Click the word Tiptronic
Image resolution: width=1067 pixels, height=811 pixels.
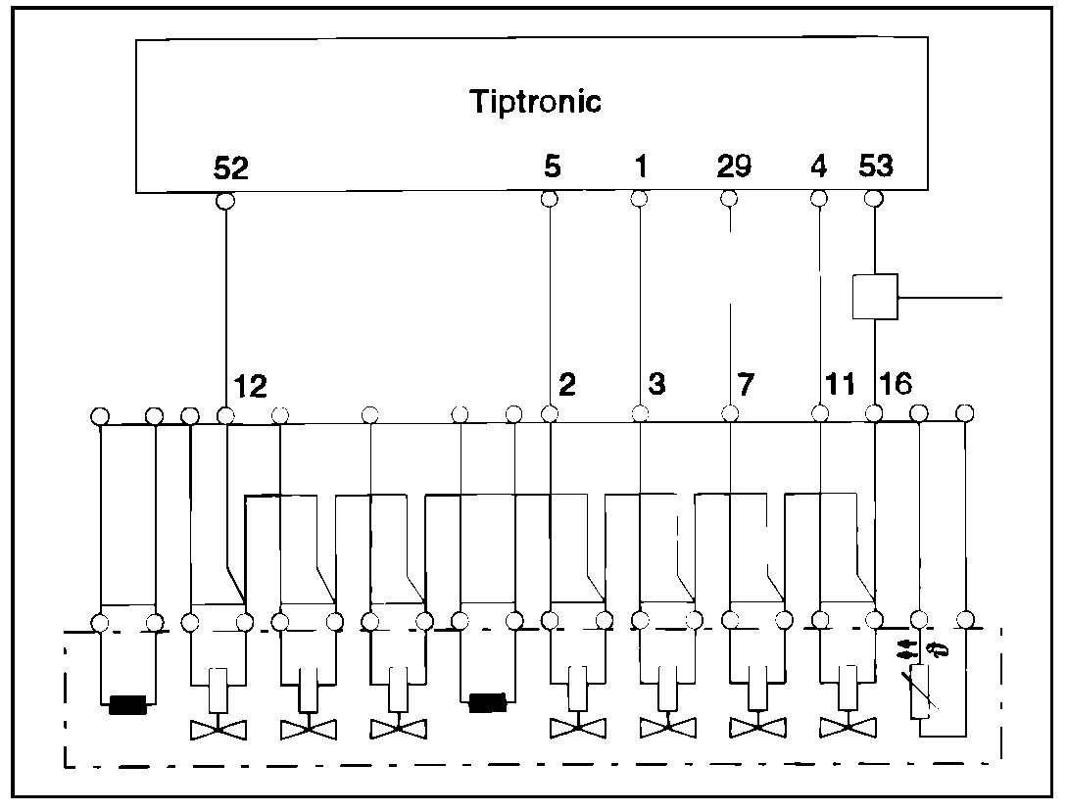coord(535,101)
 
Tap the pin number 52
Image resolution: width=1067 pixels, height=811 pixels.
coord(231,168)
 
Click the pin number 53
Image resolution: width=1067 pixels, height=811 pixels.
coord(875,167)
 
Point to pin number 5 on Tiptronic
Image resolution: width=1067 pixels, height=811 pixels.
coord(552,167)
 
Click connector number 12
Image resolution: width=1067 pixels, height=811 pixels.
coord(251,387)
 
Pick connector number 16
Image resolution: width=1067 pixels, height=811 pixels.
coord(897,384)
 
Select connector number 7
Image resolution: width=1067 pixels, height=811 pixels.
coord(747,384)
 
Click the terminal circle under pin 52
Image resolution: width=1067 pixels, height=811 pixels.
coord(225,201)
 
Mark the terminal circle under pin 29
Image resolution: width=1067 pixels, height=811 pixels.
coord(728,199)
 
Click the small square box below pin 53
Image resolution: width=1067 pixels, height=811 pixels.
coord(874,296)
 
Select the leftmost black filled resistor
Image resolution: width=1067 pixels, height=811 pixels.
coord(127,704)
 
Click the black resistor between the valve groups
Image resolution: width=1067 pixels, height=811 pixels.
coord(487,703)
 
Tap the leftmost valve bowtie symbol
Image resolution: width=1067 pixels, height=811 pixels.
coord(218,729)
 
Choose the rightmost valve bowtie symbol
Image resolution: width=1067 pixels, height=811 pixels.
coord(848,728)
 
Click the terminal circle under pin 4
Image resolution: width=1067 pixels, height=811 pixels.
coord(819,199)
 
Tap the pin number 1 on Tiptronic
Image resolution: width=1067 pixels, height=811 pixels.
coord(640,167)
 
